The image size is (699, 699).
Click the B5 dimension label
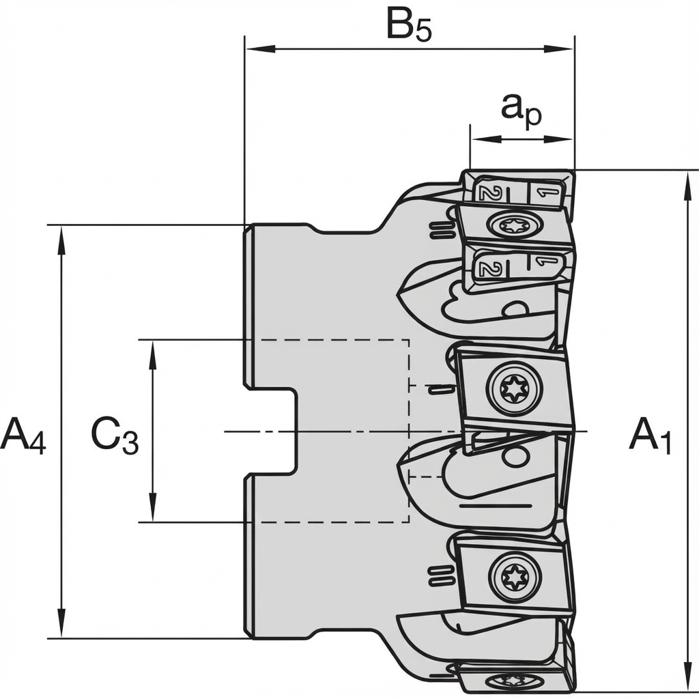[x=409, y=26]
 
